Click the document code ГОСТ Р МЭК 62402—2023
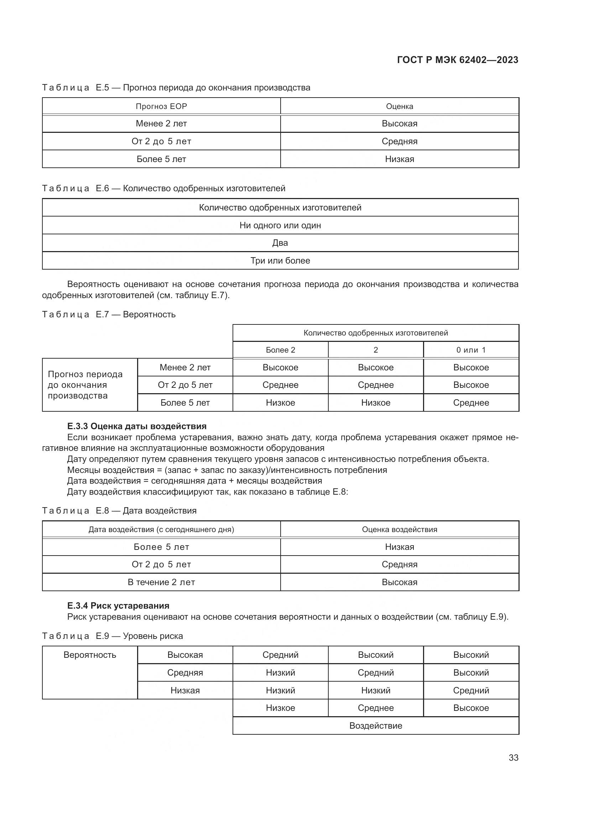[x=457, y=60]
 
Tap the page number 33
[x=513, y=757]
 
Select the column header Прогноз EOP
[x=161, y=106]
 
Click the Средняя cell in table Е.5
[x=399, y=141]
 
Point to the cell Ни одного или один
[x=280, y=225]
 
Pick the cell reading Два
[x=280, y=243]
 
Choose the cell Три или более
[x=280, y=260]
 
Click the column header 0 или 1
[x=471, y=350]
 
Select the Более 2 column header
[x=280, y=350]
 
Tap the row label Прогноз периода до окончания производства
[x=85, y=385]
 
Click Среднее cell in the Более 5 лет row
[x=471, y=402]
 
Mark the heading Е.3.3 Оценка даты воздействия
[x=137, y=426]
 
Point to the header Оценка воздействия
[x=399, y=529]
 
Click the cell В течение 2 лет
[x=161, y=582]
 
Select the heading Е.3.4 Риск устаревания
[x=118, y=605]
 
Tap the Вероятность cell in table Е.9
[x=90, y=655]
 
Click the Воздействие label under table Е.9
[x=375, y=725]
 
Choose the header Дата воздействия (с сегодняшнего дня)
[x=161, y=529]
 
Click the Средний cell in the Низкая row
[x=471, y=690]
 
